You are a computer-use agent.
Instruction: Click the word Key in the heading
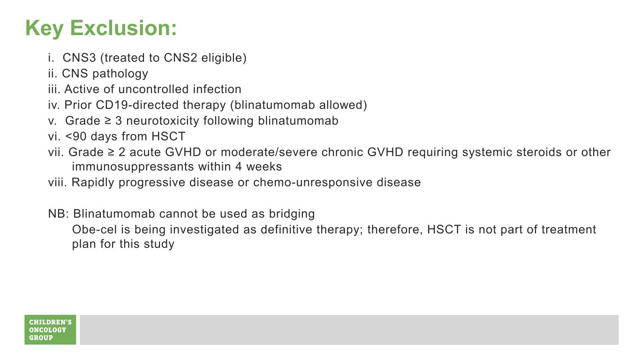point(44,29)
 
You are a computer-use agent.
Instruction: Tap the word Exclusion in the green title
point(123,28)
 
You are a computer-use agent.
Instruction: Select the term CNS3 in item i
point(79,58)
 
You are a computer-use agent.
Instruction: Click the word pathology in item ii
point(120,74)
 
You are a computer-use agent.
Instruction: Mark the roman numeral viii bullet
point(57,182)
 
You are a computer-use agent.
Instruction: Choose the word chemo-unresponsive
point(313,182)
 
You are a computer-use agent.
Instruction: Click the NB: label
point(59,214)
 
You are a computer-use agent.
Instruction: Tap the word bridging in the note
point(292,214)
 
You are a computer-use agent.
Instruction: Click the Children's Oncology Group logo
point(50,330)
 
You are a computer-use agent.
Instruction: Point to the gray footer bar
point(349,330)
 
